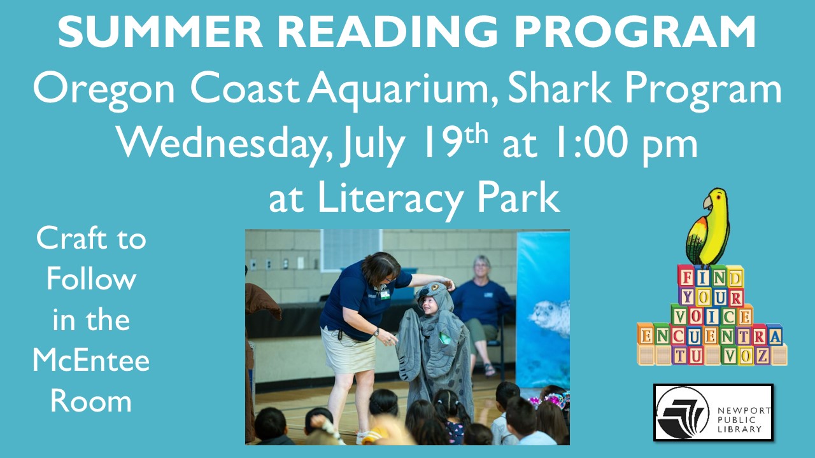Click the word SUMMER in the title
point(160,31)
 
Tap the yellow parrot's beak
point(707,203)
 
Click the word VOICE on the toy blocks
point(712,316)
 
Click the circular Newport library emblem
point(682,413)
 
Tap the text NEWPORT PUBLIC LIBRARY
point(744,420)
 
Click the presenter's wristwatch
point(376,332)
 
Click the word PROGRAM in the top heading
point(635,31)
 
